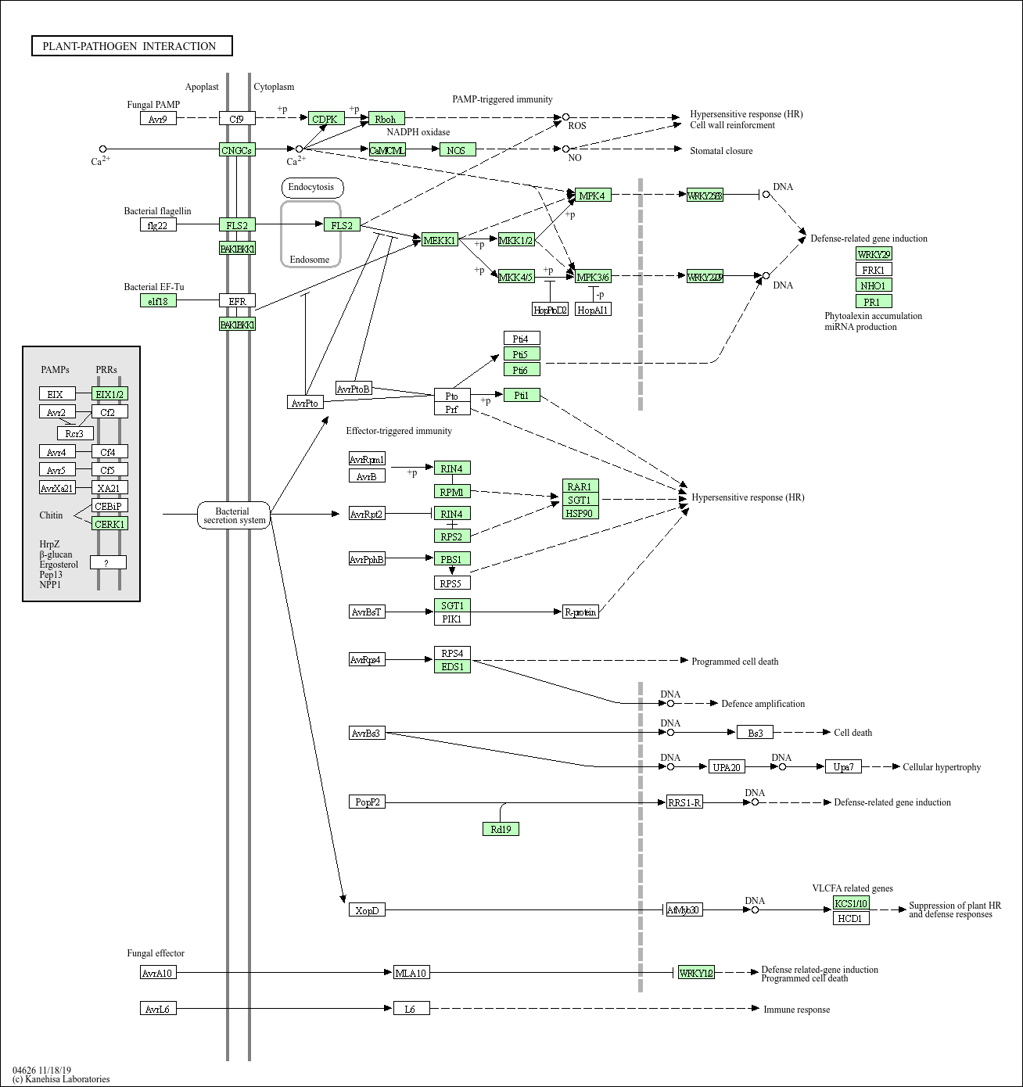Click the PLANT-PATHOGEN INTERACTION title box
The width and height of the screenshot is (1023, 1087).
click(132, 46)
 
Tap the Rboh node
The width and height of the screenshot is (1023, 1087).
click(386, 119)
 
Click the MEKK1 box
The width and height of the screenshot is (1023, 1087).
click(440, 240)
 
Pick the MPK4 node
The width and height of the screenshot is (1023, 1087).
click(593, 196)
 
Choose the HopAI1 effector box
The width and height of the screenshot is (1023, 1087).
click(593, 310)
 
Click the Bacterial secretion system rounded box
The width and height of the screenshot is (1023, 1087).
click(233, 515)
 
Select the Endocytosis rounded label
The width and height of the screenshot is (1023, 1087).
click(311, 187)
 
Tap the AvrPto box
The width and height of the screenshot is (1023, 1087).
click(305, 403)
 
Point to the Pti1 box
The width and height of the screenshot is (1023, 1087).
click(522, 395)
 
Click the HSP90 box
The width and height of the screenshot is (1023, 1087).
click(580, 513)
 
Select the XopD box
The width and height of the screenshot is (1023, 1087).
click(367, 910)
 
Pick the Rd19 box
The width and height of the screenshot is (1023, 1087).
click(501, 829)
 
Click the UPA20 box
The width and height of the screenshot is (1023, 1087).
click(727, 767)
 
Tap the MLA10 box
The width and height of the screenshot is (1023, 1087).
click(411, 973)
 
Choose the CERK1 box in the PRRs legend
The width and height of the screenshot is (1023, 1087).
click(109, 524)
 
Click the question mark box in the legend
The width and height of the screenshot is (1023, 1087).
click(108, 562)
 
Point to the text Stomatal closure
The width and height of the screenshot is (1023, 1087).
click(721, 151)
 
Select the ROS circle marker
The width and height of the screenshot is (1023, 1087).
click(565, 117)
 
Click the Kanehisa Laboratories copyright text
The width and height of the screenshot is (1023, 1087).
click(61, 1079)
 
